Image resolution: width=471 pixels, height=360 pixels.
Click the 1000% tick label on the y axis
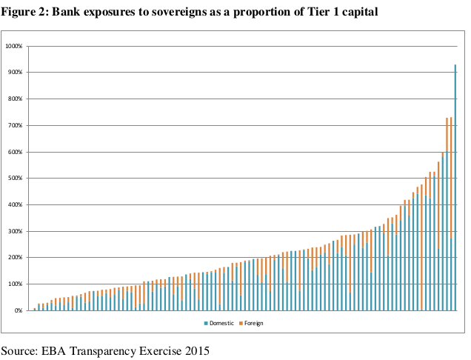point(16,46)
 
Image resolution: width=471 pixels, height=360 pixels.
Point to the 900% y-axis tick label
point(16,73)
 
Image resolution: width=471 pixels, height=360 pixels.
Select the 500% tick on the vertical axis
point(16,179)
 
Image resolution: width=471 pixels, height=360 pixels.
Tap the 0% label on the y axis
point(19,310)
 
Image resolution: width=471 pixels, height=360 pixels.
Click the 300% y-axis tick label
point(16,231)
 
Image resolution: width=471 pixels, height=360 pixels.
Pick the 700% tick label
point(16,125)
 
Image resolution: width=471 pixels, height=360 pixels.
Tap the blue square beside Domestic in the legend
point(205,324)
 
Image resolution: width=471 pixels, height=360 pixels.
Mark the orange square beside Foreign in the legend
point(240,324)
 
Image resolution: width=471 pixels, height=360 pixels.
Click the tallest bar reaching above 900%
point(455,185)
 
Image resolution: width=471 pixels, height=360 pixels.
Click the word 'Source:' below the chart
point(20,350)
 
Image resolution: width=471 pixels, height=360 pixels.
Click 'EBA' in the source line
point(57,350)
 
